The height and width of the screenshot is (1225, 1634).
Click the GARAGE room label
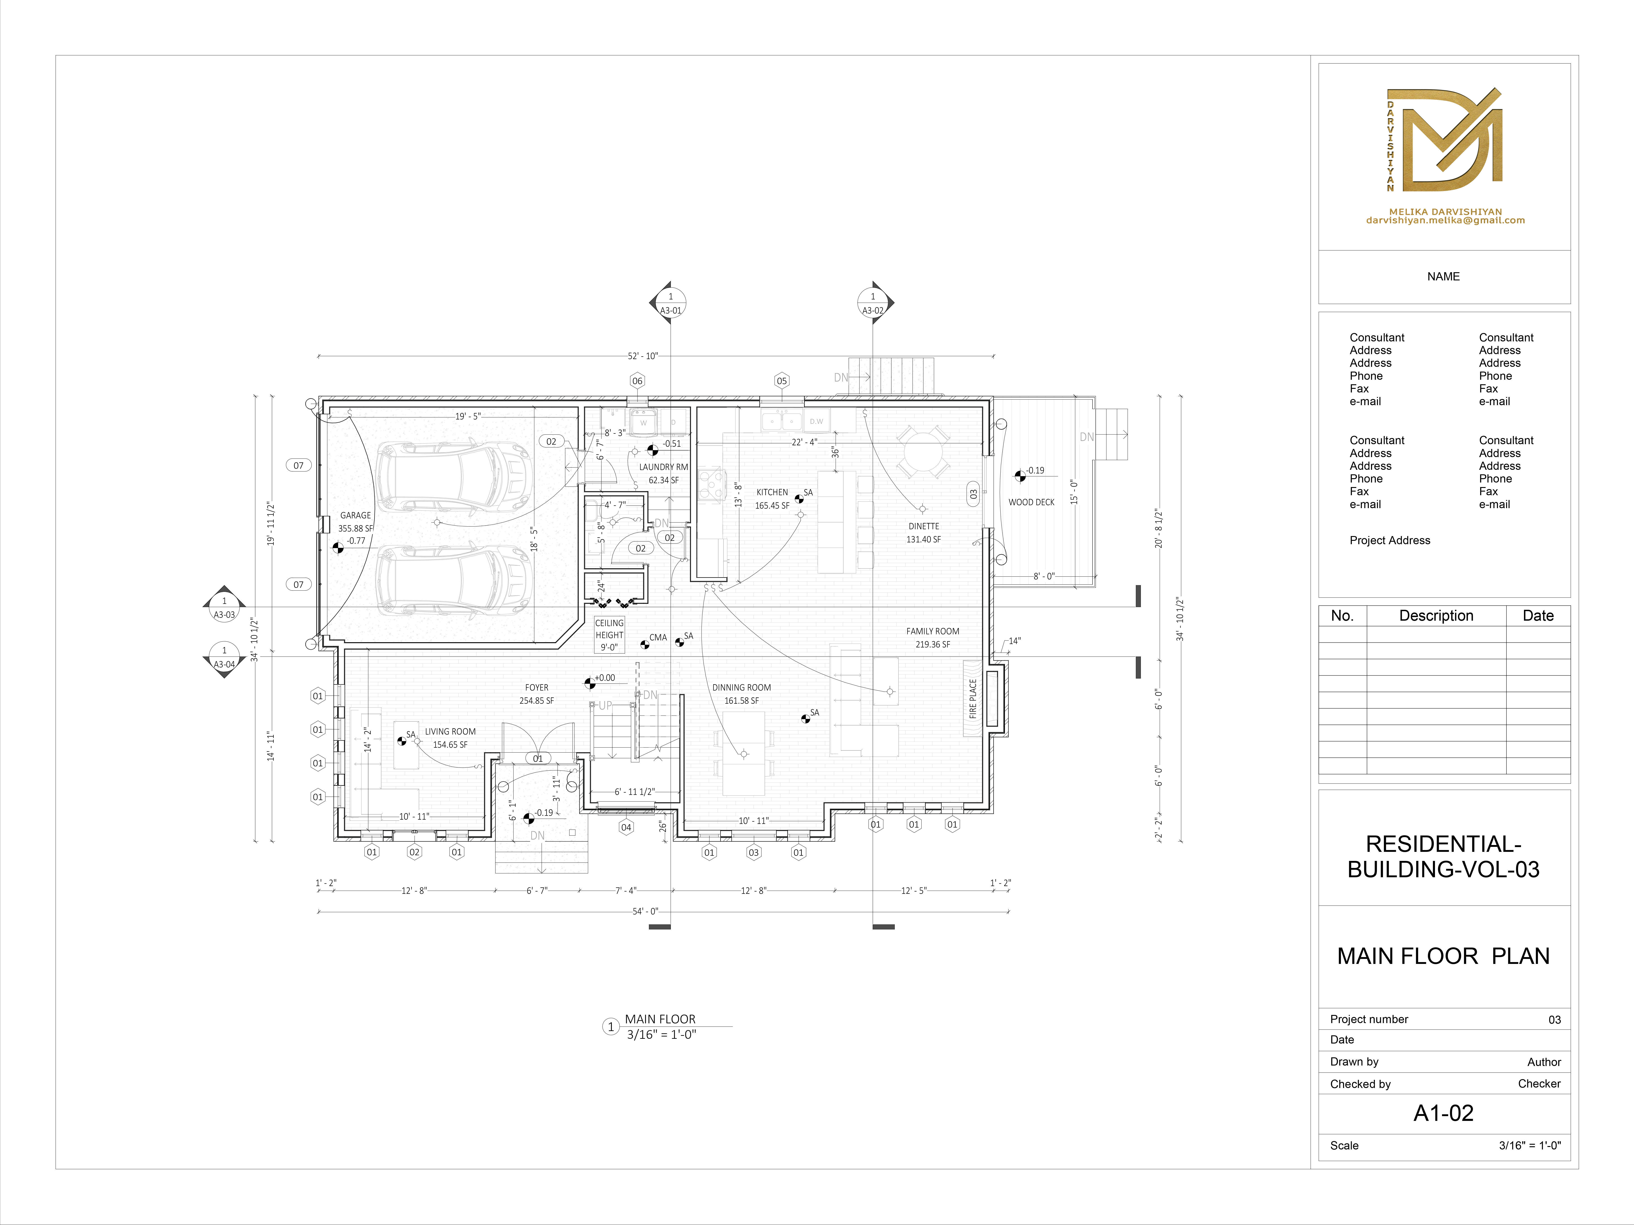[x=355, y=515]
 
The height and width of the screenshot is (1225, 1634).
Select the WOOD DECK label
[x=1031, y=502]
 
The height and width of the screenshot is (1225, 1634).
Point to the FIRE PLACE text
[x=973, y=698]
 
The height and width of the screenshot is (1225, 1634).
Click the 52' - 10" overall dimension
[x=642, y=356]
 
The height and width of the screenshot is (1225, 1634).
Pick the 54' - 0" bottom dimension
[x=645, y=911]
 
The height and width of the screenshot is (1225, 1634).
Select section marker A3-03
[x=225, y=607]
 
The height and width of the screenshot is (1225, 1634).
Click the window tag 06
[x=637, y=381]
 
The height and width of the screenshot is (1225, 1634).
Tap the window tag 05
[x=782, y=381]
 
